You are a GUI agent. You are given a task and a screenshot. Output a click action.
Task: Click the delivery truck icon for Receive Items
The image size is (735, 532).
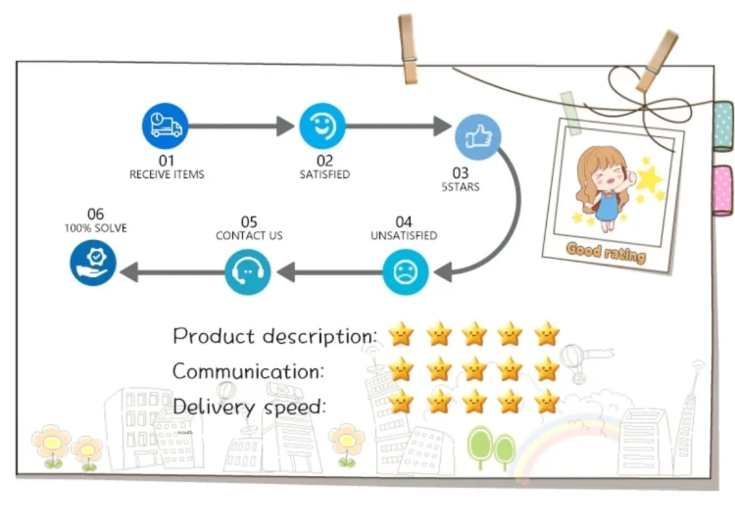click(x=165, y=125)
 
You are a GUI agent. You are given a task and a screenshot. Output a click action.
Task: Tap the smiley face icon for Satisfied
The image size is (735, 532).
click(x=322, y=125)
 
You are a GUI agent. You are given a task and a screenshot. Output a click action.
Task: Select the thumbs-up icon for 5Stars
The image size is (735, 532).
click(x=477, y=137)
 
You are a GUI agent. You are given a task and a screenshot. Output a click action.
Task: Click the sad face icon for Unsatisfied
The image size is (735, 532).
click(x=406, y=271)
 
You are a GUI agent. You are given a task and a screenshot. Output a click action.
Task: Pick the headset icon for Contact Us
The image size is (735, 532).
click(x=248, y=271)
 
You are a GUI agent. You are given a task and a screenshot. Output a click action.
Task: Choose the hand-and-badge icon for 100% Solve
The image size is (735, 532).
click(x=93, y=263)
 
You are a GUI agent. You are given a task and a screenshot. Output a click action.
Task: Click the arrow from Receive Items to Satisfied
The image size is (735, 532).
click(x=241, y=126)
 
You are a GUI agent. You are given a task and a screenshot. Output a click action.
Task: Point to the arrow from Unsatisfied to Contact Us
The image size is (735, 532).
click(x=329, y=272)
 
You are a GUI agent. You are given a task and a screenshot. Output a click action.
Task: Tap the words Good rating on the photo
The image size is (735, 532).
click(x=606, y=253)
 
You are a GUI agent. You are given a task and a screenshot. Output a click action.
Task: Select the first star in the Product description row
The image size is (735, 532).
click(x=401, y=334)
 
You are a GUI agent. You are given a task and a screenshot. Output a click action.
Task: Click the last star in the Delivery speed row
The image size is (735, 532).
click(x=547, y=402)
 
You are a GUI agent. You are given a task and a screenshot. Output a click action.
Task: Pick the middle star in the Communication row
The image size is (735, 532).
click(x=474, y=368)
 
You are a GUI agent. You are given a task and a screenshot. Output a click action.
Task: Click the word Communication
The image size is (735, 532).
click(x=248, y=371)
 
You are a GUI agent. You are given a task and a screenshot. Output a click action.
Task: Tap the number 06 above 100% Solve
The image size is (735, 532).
click(x=96, y=215)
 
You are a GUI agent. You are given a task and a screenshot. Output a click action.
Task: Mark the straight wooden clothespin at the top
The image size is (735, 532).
click(x=408, y=49)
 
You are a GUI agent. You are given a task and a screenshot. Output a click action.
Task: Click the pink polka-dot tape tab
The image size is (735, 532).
click(x=723, y=190)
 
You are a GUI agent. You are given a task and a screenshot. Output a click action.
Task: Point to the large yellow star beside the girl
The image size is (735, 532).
click(x=649, y=178)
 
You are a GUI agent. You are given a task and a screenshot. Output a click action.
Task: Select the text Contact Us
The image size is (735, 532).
click(x=249, y=235)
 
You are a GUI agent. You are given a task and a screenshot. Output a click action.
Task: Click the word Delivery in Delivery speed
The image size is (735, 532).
click(x=214, y=407)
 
